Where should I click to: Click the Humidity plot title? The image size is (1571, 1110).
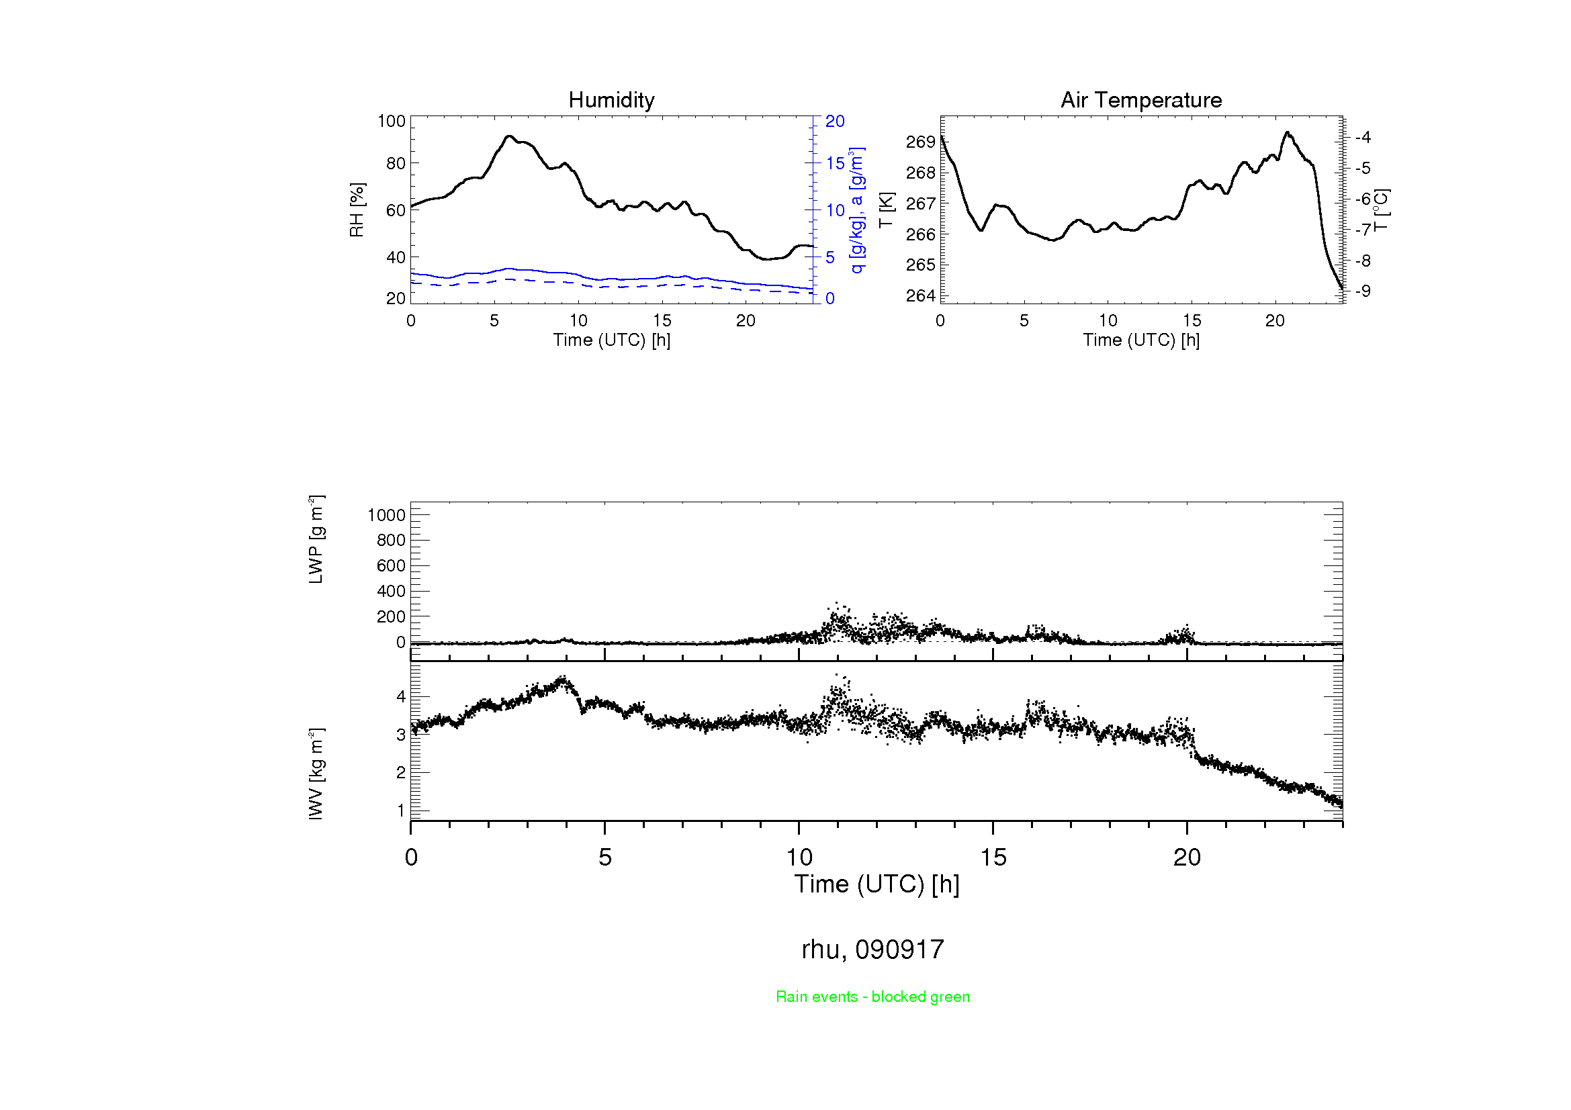611,100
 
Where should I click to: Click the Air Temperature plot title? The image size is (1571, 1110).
1140,100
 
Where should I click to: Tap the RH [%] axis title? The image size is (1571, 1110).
357,210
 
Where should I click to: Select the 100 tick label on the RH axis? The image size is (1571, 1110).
392,121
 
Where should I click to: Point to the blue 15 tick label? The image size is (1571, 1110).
835,163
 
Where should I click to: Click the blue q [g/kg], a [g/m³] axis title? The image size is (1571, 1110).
857,210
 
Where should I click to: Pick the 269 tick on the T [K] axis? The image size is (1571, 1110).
920,142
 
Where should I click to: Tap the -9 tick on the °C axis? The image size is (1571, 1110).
1362,291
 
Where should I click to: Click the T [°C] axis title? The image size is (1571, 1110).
1380,210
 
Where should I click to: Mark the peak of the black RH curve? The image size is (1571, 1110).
508,136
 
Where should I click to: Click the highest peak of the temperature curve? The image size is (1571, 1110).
1287,133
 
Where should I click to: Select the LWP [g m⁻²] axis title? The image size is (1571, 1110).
316,539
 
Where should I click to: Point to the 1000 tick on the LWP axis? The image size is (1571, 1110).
387,515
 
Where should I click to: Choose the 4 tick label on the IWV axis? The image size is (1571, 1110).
401,696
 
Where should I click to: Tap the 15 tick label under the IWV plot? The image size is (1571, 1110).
993,858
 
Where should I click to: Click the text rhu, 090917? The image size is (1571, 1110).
872,950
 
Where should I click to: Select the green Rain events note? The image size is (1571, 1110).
872,997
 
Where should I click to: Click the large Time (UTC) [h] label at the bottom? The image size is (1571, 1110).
877,884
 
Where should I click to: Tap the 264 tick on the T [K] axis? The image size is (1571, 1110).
920,295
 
